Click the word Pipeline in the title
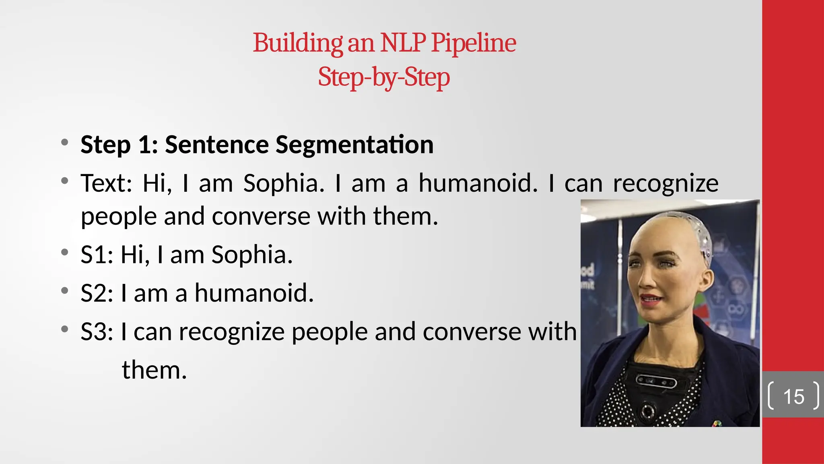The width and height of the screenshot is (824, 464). pos(473,43)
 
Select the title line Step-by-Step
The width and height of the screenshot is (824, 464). pos(384,77)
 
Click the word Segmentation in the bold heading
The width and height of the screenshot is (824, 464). pos(354,145)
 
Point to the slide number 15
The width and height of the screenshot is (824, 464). pos(793,397)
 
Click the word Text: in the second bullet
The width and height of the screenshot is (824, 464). pos(106,183)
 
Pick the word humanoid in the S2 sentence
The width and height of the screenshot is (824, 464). pos(253,293)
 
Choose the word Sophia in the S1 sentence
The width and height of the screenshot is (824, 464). pos(252,255)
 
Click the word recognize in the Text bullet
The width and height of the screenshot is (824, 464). pos(665,184)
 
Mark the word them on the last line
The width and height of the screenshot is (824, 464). pos(154,370)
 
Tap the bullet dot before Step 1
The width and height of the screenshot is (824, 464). pos(65,142)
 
